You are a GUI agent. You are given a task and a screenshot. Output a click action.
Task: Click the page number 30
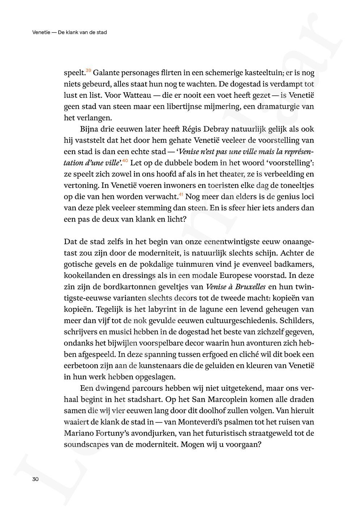pyautogui.click(x=35, y=479)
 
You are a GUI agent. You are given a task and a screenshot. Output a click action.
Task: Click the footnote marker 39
pyautogui.click(x=88, y=70)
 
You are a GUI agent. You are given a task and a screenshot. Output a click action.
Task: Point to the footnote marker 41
pyautogui.click(x=181, y=194)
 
